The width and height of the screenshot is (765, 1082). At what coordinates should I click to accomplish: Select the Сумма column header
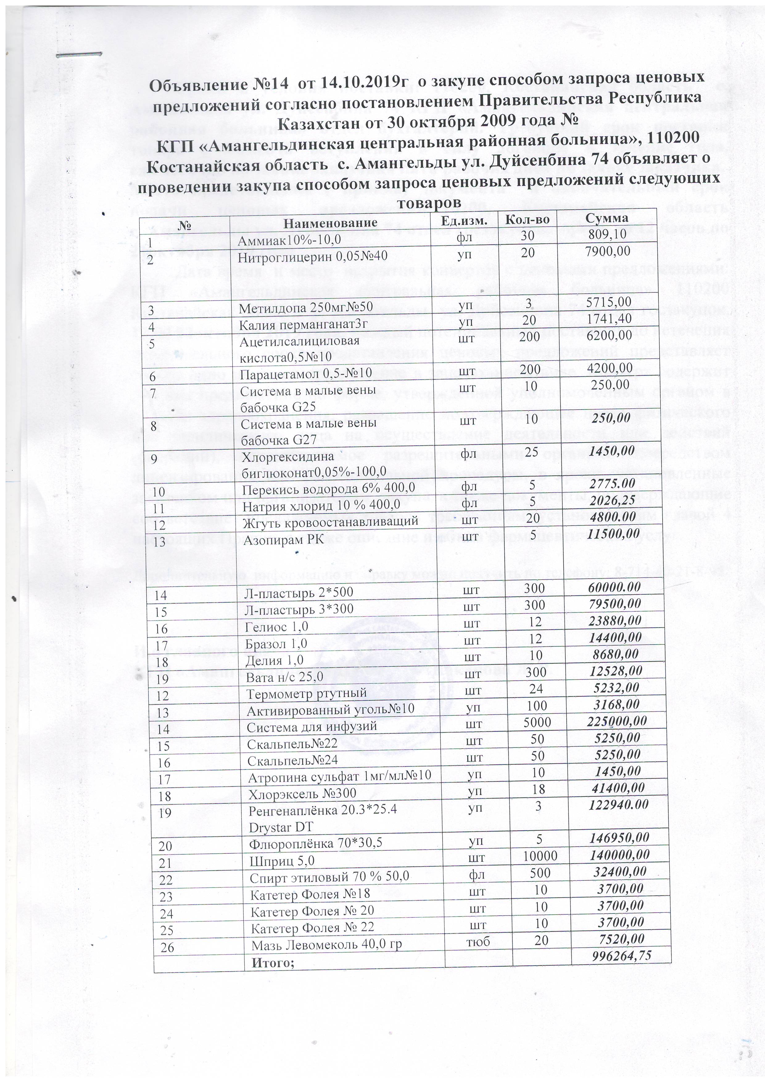[x=607, y=218]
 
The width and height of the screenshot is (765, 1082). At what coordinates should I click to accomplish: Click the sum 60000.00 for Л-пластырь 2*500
[x=615, y=587]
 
